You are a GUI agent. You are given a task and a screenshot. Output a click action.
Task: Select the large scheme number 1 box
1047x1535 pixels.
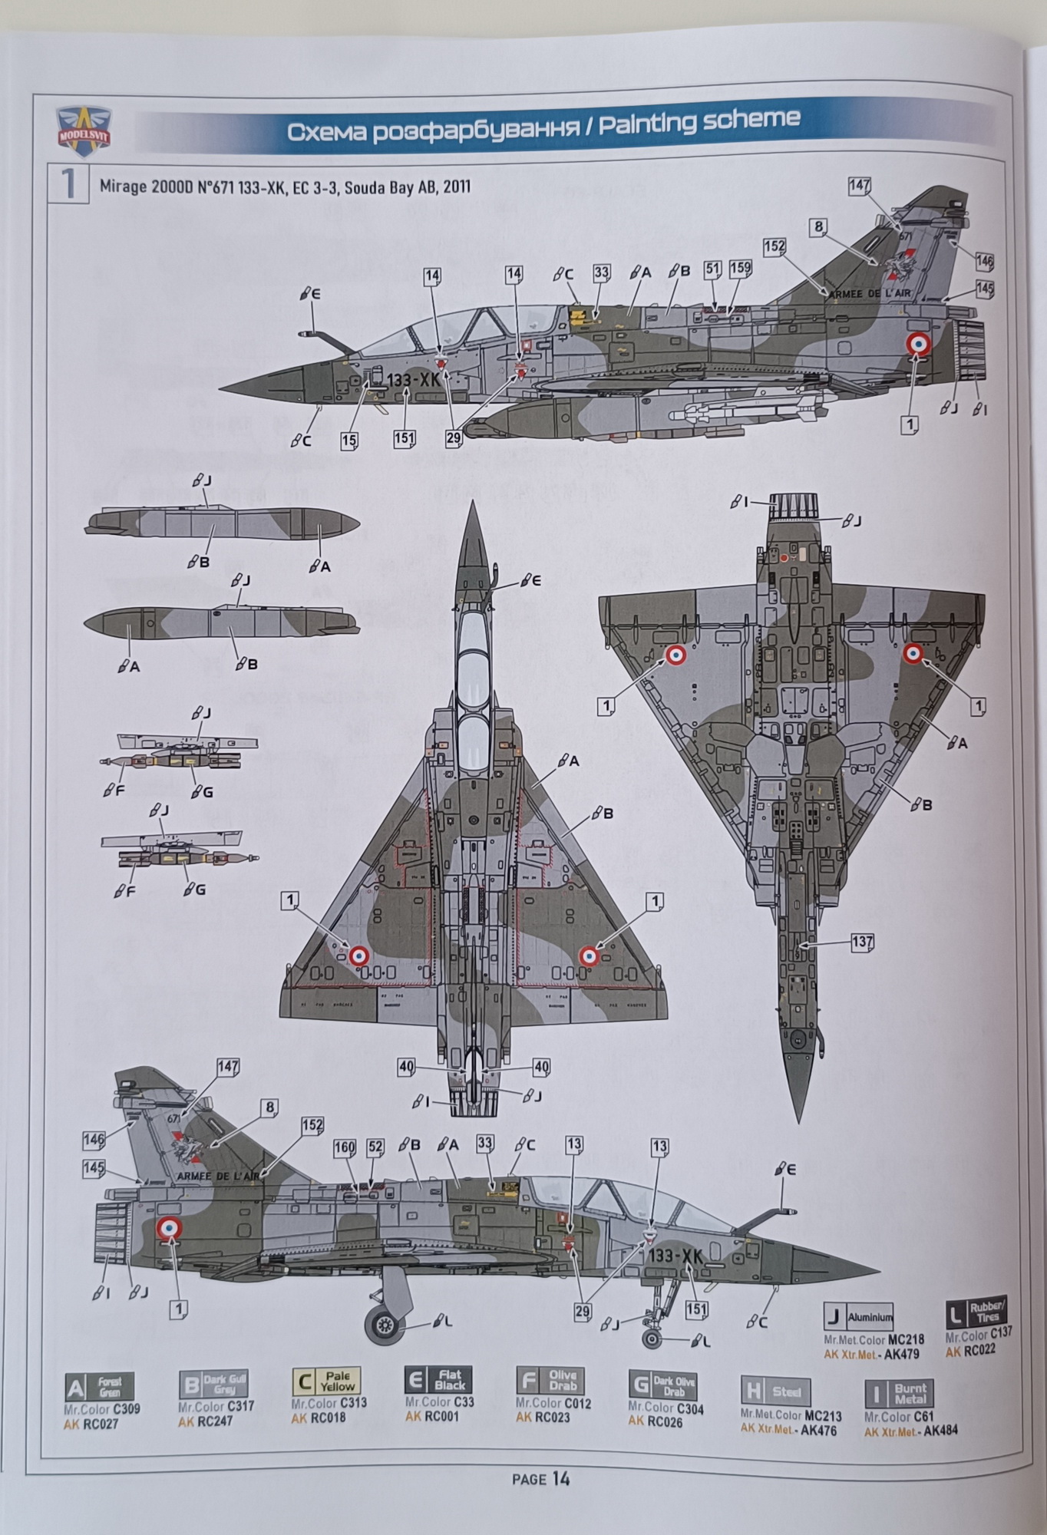tap(68, 184)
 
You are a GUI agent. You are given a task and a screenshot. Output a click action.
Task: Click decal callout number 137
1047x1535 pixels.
tap(863, 942)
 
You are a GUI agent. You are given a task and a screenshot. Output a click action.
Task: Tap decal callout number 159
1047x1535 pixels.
tap(741, 269)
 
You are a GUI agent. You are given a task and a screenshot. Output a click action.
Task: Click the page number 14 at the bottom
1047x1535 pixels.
tap(560, 1477)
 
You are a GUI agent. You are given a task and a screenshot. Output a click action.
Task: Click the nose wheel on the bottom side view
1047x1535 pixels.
tap(652, 1339)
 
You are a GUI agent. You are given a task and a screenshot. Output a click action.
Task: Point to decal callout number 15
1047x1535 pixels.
tap(349, 441)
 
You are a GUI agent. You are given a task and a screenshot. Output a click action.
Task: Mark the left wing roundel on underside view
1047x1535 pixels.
tap(675, 655)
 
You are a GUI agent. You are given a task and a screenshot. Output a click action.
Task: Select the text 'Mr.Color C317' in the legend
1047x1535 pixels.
tap(216, 1406)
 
